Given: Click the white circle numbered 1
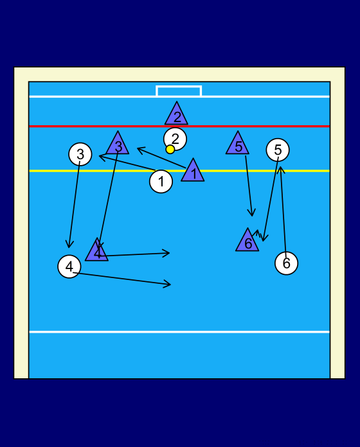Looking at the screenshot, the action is (161, 181).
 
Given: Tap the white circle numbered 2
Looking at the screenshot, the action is (175, 139).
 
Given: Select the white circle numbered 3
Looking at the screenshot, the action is (80, 154).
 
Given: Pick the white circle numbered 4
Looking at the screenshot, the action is (69, 267).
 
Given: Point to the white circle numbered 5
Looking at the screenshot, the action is (278, 150).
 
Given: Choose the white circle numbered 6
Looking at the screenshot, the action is (287, 263).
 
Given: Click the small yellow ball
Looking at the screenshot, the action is (170, 150).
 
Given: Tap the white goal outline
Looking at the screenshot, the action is (179, 86).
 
